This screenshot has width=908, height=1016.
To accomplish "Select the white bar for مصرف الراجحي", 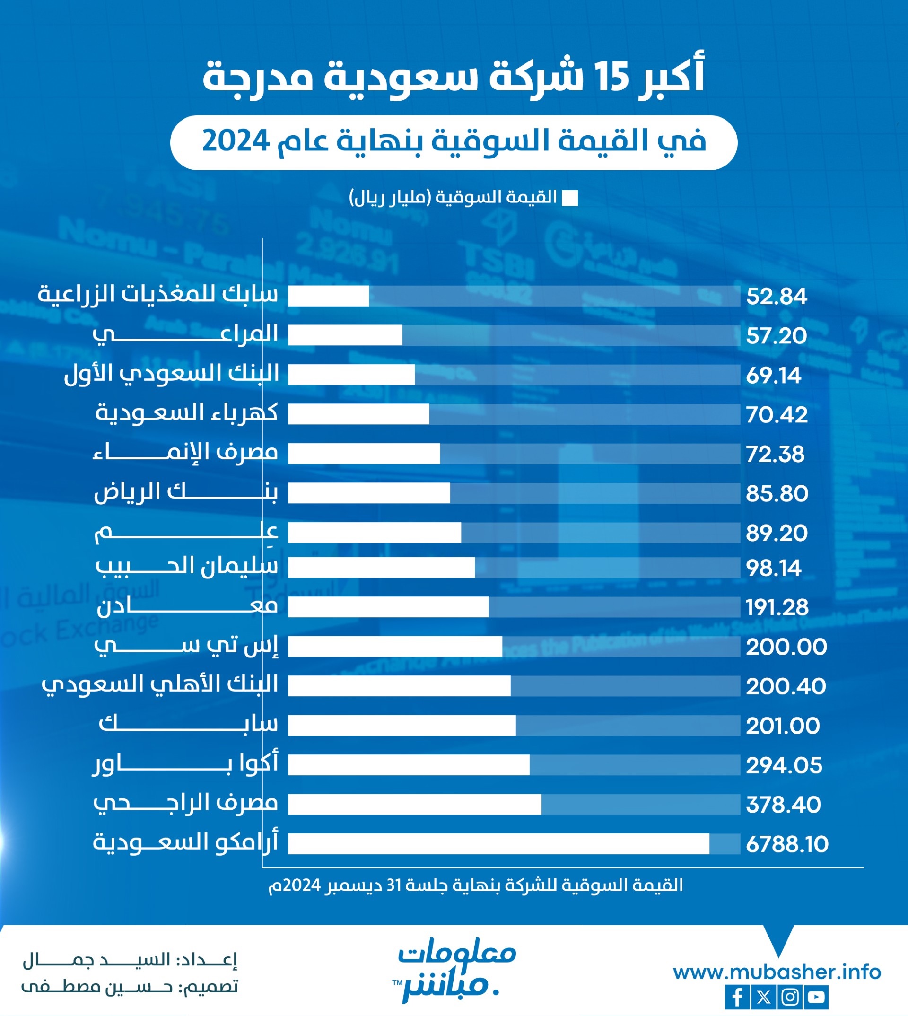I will click(x=414, y=805).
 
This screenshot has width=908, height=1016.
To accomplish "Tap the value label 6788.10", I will click(x=787, y=844).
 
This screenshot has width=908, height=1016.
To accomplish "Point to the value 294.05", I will click(x=784, y=765).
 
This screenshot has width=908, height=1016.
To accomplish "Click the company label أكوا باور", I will click(x=185, y=764).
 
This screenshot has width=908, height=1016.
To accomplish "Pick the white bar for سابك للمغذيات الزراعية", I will click(x=328, y=296).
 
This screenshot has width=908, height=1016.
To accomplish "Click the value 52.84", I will click(x=776, y=297).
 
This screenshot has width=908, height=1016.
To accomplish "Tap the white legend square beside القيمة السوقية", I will click(x=570, y=198).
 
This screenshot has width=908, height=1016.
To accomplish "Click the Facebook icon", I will click(x=737, y=997).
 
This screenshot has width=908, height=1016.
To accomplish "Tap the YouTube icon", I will click(x=817, y=997).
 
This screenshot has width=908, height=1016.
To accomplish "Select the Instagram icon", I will click(x=790, y=997).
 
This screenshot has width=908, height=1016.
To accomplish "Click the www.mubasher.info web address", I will click(x=777, y=972).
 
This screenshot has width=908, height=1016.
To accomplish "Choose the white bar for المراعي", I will click(x=345, y=335).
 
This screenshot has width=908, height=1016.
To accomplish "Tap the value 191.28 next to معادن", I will click(x=777, y=607).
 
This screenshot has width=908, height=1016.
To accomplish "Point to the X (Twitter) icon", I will click(x=763, y=997).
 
